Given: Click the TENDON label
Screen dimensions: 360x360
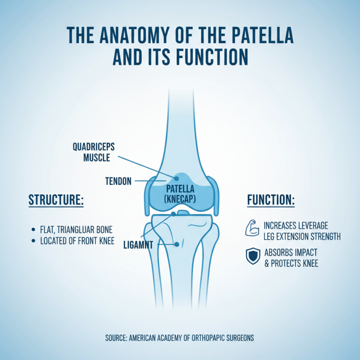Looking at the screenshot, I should [118, 181].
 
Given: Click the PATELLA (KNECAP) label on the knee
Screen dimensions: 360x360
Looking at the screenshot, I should [180, 193].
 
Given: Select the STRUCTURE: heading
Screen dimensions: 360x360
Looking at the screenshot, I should [56, 200].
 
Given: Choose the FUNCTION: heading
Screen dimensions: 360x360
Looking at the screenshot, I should [271, 200].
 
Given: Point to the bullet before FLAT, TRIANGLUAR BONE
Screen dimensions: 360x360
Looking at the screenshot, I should [35, 229].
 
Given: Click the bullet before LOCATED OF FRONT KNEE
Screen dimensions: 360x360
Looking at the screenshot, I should [35, 241].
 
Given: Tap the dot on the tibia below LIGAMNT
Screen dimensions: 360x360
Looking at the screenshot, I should [177, 244].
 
